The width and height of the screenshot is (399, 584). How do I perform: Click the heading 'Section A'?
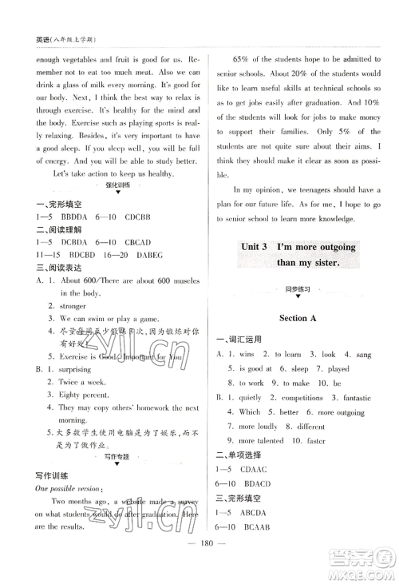[298, 318]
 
